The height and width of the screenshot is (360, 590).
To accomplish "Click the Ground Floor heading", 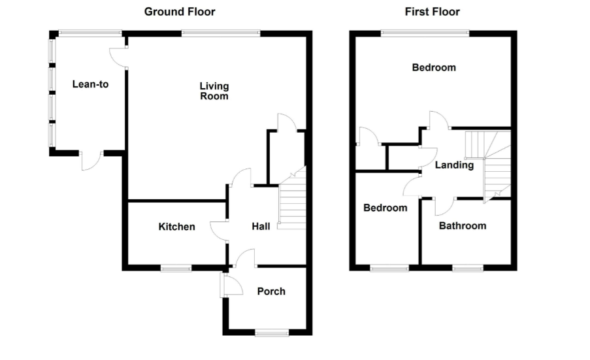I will pos(179,12).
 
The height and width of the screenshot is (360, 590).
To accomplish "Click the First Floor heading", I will pos(432,12).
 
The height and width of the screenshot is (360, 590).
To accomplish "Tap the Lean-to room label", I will pos(90,84).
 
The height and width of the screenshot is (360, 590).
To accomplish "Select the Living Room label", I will pos(214,91).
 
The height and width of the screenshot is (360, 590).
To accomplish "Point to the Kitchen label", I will pos(176,227).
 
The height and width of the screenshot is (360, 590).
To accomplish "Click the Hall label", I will pos(261,227).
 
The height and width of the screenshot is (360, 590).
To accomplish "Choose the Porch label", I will pos(271,291).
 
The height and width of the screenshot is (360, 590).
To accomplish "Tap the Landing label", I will pos(454,165).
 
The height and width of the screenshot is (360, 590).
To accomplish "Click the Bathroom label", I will pos(462,226).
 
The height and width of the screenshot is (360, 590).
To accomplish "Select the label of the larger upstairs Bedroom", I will pos(433,67).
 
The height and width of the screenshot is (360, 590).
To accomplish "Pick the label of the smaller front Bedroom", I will pos(385,208).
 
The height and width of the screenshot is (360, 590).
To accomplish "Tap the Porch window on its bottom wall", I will pos(271,333).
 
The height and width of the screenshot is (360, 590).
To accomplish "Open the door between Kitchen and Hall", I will pos(219,229).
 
